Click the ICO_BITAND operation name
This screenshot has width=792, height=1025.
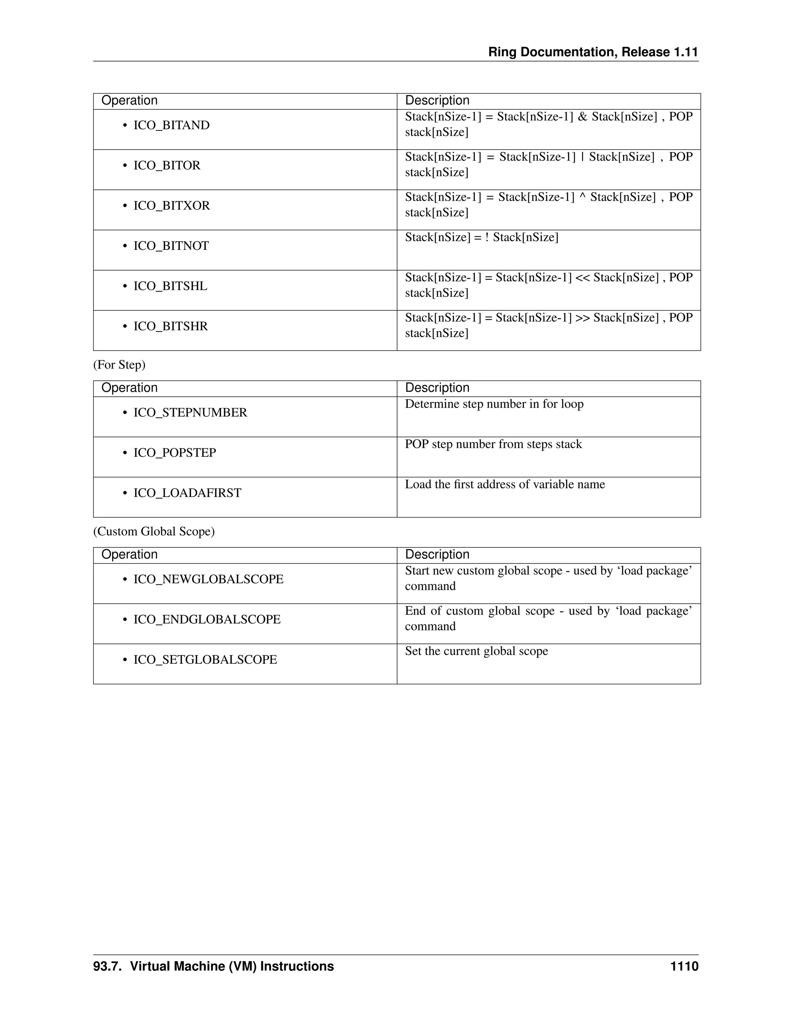[x=171, y=125]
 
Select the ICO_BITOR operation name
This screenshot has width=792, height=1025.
[x=167, y=166]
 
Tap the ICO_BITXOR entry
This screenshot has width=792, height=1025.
[x=171, y=205]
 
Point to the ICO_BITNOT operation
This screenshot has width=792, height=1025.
[x=171, y=246]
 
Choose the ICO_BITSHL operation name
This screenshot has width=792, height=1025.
[x=170, y=286]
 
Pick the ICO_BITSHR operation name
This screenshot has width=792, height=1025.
[x=170, y=326]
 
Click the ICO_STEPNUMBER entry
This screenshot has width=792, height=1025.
[x=190, y=413]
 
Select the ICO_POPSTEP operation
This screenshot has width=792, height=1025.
[x=174, y=453]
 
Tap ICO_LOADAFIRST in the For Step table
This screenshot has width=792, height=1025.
[x=187, y=493]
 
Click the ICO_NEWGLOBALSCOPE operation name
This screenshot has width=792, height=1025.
[x=208, y=579]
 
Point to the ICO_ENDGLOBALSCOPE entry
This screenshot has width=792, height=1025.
[x=207, y=620]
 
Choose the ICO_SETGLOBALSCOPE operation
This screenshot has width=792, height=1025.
[x=205, y=660]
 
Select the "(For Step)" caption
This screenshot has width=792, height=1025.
[x=119, y=365]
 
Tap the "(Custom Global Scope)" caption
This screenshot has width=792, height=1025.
[x=154, y=531]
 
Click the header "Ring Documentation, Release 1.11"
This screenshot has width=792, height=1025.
[x=593, y=52]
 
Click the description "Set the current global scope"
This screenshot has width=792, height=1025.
[x=476, y=651]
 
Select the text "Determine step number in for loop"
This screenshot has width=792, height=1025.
[x=494, y=404]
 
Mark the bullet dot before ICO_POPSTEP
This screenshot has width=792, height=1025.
[x=125, y=453]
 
